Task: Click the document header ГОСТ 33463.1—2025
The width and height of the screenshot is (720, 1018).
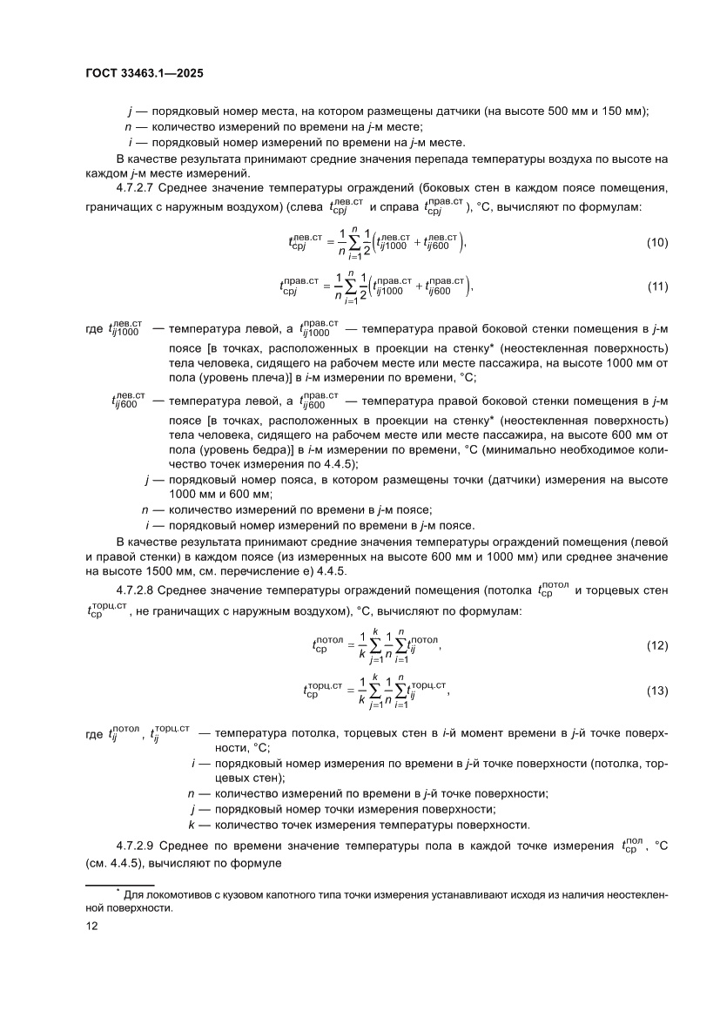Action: click(x=145, y=75)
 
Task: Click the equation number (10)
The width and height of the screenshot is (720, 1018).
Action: click(x=657, y=242)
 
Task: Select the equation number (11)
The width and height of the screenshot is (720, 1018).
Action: click(x=657, y=287)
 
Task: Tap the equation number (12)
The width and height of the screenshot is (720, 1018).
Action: click(x=657, y=646)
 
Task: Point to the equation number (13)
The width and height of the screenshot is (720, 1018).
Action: click(x=657, y=691)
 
